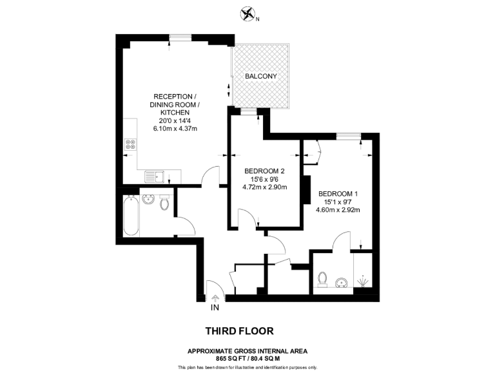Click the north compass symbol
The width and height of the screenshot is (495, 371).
coord(246,14)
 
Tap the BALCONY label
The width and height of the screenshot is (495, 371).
coord(260,76)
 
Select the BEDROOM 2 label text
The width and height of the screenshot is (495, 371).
coord(264,171)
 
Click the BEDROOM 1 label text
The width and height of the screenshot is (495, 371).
coord(337,193)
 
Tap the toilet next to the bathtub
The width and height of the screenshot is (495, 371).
coord(164,204)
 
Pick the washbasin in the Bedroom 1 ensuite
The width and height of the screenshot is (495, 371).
coord(342,281)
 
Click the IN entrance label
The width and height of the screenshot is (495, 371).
coord(215,307)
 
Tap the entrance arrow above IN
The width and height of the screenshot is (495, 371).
coord(215,297)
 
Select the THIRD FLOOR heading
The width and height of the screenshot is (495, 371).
coord(239,331)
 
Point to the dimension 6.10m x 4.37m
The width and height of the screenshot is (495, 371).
coord(175,129)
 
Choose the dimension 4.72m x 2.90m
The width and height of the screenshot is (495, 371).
coord(264,187)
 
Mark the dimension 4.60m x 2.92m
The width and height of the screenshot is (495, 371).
coord(337,209)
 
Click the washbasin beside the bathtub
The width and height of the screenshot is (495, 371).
coord(150,200)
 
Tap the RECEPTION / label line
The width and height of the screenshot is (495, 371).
coord(175,96)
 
